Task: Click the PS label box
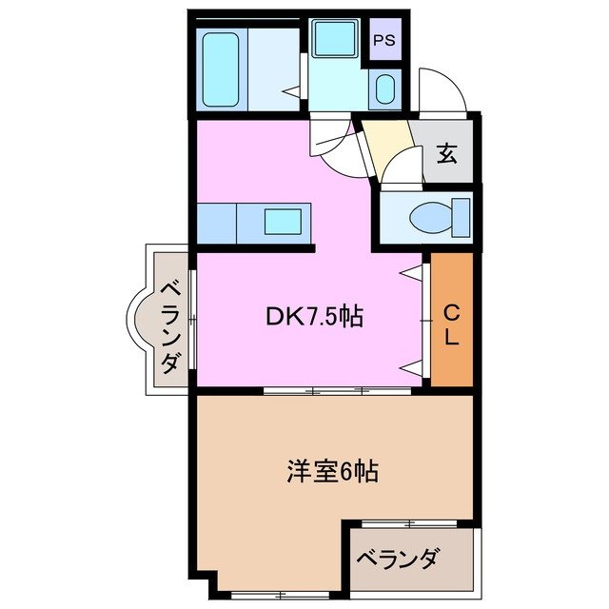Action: pos(383,41)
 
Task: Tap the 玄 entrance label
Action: pos(445,151)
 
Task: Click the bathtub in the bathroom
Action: pos(221,70)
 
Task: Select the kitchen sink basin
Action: pos(284,222)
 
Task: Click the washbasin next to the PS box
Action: pos(384,90)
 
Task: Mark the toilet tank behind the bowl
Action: pos(462,216)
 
